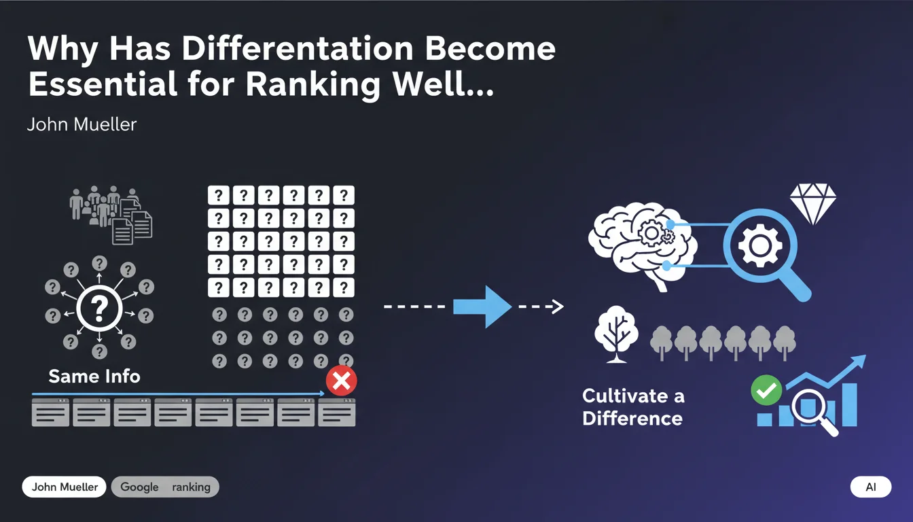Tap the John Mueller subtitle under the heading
tap(82, 125)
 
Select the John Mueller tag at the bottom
tap(65, 487)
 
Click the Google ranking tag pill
tap(165, 487)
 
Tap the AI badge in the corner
tap(870, 487)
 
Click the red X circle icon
tap(341, 381)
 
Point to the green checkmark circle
tap(766, 391)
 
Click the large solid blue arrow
tap(482, 307)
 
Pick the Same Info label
tap(94, 376)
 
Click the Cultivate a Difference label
tap(633, 406)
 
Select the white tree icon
tap(615, 333)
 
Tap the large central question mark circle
tap(99, 309)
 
